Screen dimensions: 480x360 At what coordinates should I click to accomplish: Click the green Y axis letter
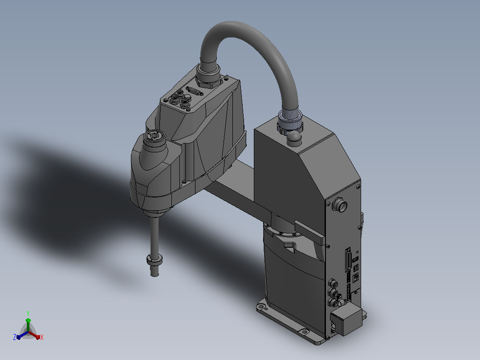(28, 313)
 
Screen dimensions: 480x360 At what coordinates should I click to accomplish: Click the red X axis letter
(42, 337)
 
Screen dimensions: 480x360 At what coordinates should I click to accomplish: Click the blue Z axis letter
(15, 337)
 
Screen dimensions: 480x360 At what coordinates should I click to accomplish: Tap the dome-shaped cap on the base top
(294, 137)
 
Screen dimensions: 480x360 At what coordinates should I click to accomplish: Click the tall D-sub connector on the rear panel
(348, 260)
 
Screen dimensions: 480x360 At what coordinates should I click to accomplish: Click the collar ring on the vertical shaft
(155, 260)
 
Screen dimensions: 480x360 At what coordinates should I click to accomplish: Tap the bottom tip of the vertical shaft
(155, 275)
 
